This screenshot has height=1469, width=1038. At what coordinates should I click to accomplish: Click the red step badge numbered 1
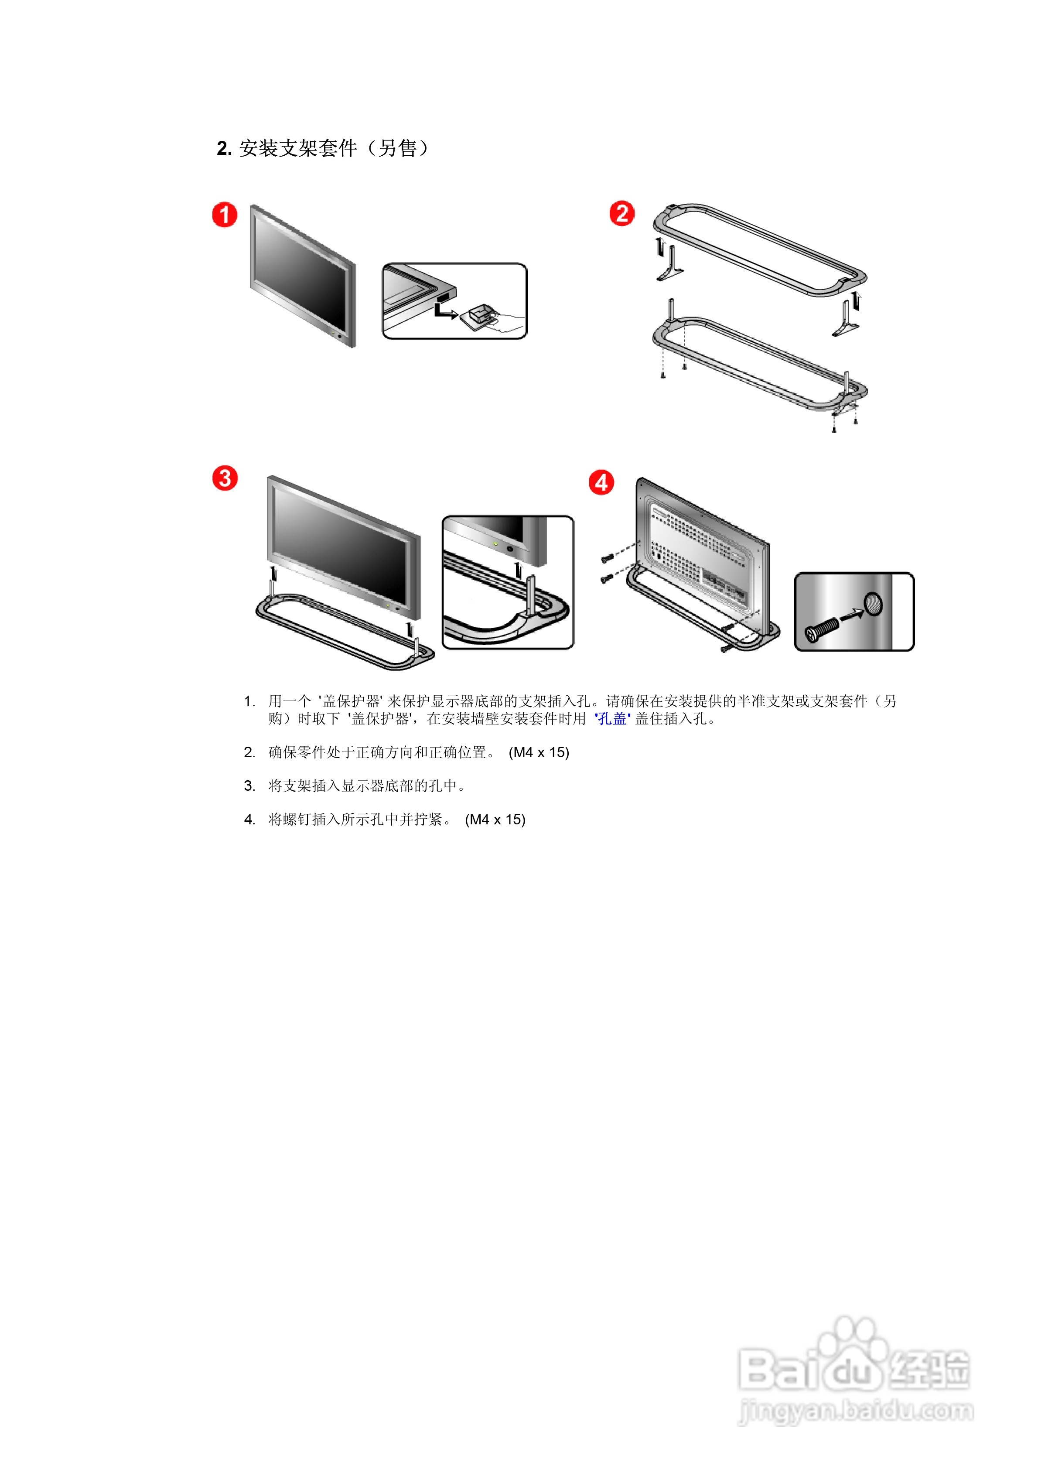225,215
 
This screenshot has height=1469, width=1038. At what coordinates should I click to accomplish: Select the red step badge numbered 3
225,478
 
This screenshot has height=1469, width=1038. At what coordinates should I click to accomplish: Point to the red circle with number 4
601,482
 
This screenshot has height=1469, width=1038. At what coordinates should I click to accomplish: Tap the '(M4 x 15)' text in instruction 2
539,752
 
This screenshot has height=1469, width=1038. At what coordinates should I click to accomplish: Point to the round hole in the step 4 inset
873,603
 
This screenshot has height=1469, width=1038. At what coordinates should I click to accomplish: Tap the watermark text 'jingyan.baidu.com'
856,1411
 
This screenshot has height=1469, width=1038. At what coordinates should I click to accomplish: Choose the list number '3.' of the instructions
249,786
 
